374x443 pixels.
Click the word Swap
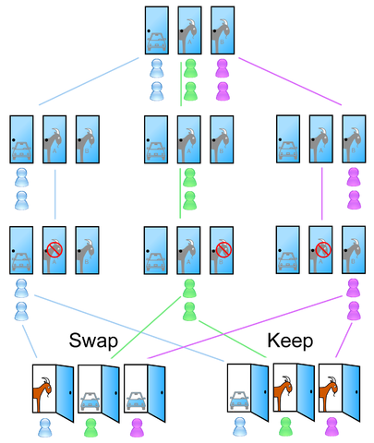[x=93, y=341]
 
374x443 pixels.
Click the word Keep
[x=290, y=341]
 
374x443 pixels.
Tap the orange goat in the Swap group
[x=42, y=394]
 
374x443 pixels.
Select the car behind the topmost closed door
[x=157, y=42]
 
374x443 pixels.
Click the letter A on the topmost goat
[x=189, y=42]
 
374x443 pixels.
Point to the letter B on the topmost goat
[x=222, y=42]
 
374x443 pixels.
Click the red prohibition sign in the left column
[x=54, y=249]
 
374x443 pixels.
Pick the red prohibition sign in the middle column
[x=223, y=249]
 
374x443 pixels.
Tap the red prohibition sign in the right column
[x=323, y=249]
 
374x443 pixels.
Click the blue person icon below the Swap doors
[x=45, y=427]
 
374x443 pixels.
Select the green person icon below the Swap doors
[x=91, y=427]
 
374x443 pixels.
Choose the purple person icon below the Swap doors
[x=138, y=427]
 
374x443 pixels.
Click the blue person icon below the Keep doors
[x=240, y=427]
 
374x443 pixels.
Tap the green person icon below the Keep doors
[x=285, y=427]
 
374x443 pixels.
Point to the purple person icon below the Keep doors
[x=332, y=427]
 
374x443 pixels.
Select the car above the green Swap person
[x=90, y=401]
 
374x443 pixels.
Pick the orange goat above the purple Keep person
[x=329, y=394]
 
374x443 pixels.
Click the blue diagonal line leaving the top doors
[x=89, y=81]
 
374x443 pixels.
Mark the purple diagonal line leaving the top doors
[x=290, y=81]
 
